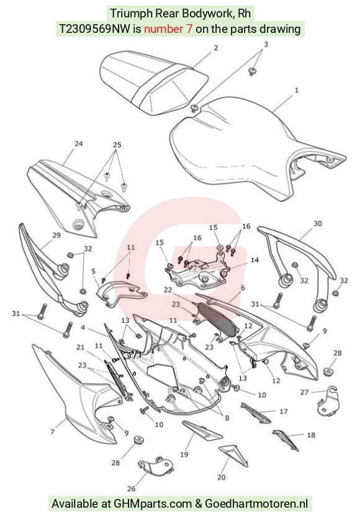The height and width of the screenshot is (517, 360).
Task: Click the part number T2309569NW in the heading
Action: [94, 29]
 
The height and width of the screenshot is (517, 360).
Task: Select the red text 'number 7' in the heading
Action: [168, 29]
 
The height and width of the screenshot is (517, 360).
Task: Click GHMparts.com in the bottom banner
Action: [153, 503]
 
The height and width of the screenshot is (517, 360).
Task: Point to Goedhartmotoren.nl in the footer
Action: [257, 503]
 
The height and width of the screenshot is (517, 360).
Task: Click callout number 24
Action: [78, 144]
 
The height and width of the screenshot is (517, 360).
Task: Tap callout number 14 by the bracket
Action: [254, 260]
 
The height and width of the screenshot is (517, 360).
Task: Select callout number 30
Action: [317, 223]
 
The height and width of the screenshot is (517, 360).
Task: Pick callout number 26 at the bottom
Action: [131, 489]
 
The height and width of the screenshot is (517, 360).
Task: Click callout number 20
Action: [222, 477]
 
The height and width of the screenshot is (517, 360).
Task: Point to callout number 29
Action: [56, 235]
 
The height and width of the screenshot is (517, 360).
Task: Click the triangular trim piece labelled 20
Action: [233, 454]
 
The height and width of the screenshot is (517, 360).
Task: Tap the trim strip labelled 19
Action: [201, 431]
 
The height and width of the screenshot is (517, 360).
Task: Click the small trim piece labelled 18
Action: [286, 440]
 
